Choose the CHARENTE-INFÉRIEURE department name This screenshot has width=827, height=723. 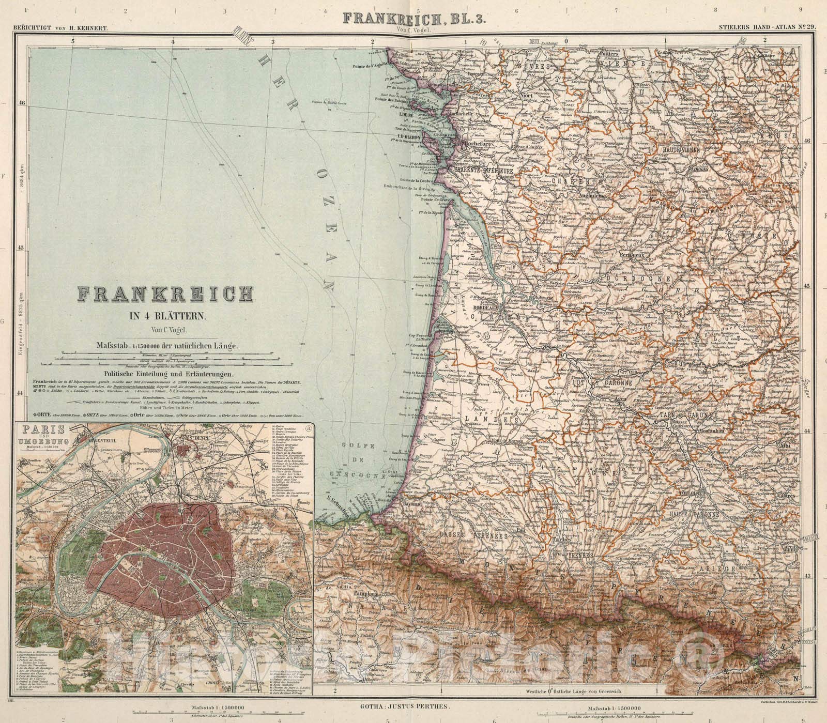coord(483,169)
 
